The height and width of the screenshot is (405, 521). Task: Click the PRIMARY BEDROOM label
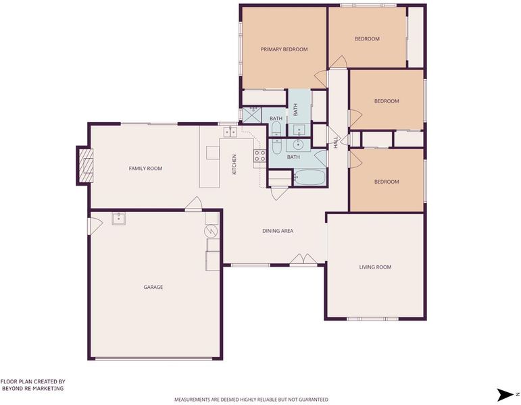click(284, 49)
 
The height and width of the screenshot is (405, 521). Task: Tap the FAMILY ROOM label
click(145, 169)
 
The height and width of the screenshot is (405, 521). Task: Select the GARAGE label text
click(153, 287)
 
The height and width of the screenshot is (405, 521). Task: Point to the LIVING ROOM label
click(375, 267)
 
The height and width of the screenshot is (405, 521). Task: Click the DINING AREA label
click(278, 231)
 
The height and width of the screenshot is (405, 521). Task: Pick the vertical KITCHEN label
click(234, 165)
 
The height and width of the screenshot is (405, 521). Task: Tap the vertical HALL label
click(336, 142)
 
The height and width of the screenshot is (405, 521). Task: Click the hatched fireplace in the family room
click(85, 165)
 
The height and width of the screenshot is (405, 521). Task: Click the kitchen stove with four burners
click(260, 156)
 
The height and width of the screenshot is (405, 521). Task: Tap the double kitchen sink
click(230, 132)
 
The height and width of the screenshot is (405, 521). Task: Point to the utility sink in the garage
click(119, 219)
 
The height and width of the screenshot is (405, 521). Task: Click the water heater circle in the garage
click(212, 231)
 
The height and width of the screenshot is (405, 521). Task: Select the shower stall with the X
click(252, 115)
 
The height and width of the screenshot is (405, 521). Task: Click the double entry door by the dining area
click(303, 261)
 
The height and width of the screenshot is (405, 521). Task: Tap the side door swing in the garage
click(95, 225)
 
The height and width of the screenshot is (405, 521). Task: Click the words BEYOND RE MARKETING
click(32, 388)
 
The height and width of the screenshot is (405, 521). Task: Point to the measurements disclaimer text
click(251, 400)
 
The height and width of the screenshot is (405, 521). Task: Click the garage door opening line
click(153, 358)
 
